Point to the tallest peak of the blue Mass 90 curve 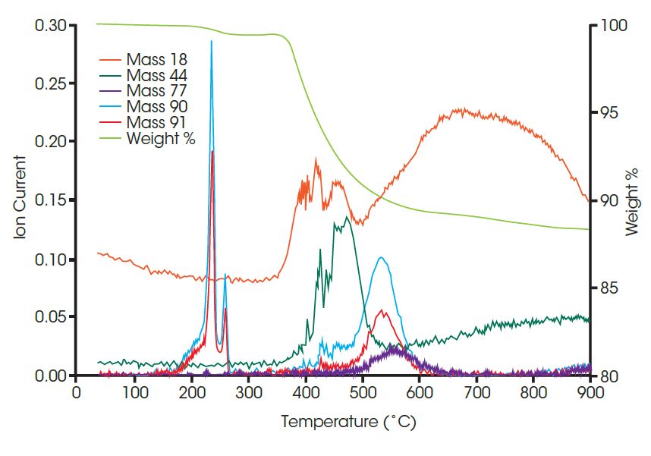pyautogui.click(x=211, y=42)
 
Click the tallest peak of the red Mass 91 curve pyautogui.click(x=212, y=152)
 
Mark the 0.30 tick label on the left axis pyautogui.click(x=50, y=26)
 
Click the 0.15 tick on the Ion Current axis pyautogui.click(x=50, y=201)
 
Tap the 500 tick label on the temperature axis pyautogui.click(x=362, y=392)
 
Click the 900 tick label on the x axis pyautogui.click(x=590, y=392)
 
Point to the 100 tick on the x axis pyautogui.click(x=134, y=392)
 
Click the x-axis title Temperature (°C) pyautogui.click(x=348, y=422)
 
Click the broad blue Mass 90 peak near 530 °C pyautogui.click(x=382, y=259)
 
